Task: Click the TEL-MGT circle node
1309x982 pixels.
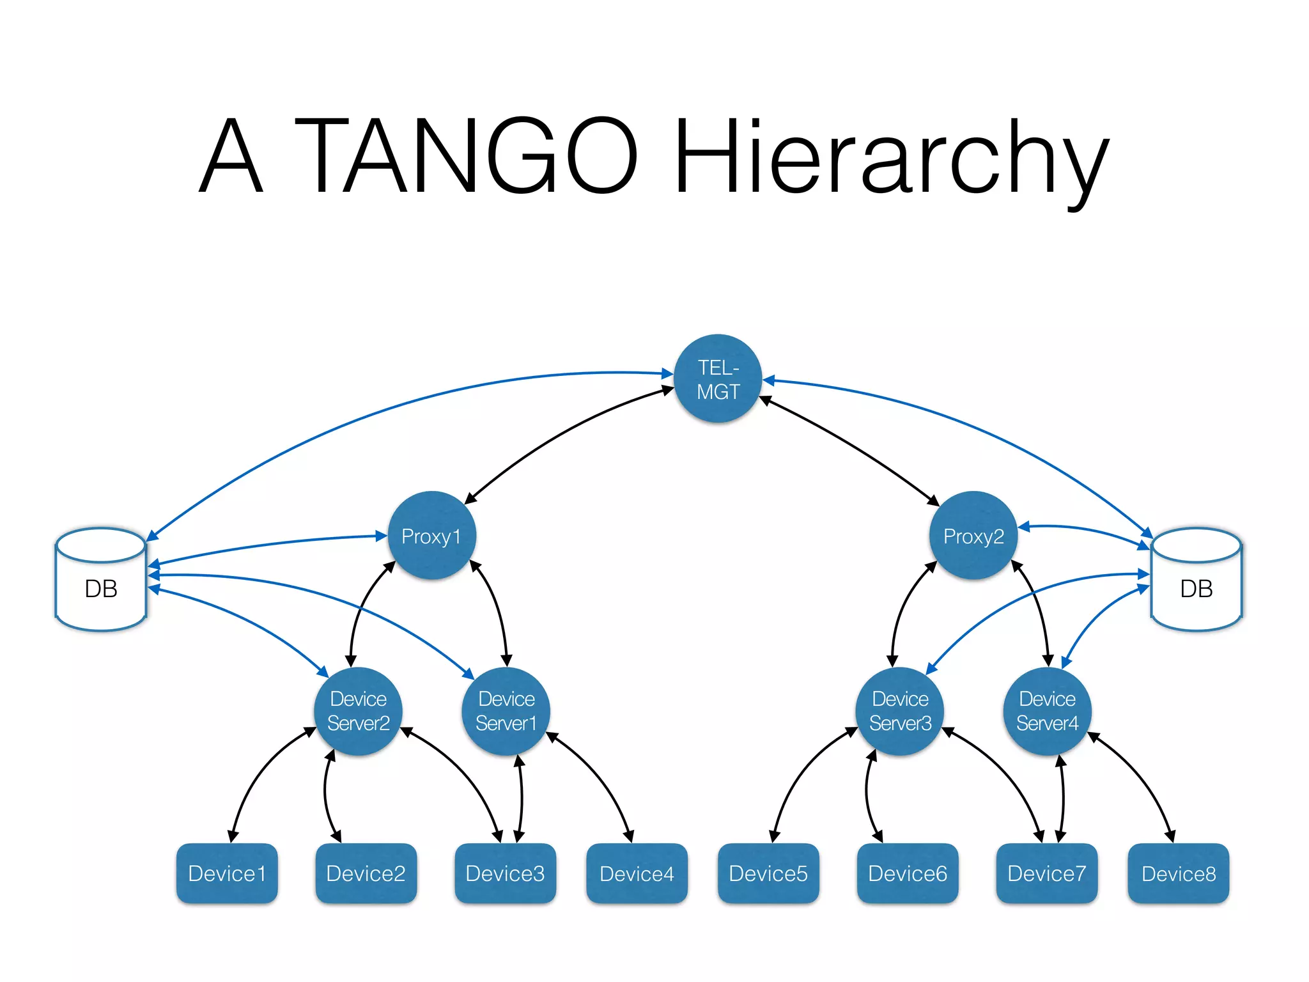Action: click(x=718, y=378)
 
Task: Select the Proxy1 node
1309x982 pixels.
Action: click(x=431, y=536)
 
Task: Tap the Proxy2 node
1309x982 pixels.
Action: click(x=973, y=536)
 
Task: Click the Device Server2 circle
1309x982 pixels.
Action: click(x=358, y=711)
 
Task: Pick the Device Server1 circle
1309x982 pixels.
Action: click(x=506, y=711)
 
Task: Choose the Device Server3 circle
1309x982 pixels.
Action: click(x=899, y=711)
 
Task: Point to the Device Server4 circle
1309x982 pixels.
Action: click(x=1047, y=711)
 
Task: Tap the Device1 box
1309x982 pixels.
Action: click(x=227, y=873)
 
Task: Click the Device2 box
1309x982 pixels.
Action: click(x=366, y=873)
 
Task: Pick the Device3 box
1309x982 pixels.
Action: click(x=505, y=873)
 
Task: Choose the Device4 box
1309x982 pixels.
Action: click(x=637, y=873)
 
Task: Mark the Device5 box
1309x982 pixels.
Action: click(x=768, y=873)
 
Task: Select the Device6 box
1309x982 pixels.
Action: click(x=907, y=873)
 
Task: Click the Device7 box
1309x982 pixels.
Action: click(x=1046, y=873)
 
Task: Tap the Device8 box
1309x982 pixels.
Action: click(x=1178, y=873)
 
